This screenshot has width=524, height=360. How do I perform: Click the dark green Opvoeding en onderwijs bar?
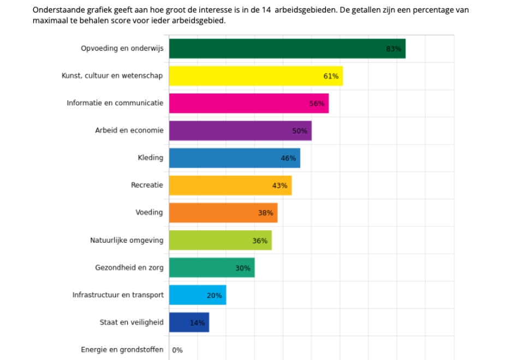(287, 49)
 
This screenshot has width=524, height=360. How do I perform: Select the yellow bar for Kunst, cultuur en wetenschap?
(255, 76)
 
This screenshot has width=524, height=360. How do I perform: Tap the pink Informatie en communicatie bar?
(248, 103)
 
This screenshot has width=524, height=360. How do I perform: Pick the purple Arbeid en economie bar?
(240, 131)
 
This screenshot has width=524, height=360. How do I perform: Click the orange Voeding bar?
(223, 213)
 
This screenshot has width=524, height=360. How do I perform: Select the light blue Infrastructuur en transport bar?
(197, 295)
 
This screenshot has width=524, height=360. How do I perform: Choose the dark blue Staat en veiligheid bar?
(189, 322)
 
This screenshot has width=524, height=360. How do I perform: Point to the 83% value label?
(394, 49)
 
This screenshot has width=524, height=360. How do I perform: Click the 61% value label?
(331, 76)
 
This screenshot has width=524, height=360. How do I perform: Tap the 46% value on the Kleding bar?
(288, 158)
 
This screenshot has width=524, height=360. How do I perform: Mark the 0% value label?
(177, 350)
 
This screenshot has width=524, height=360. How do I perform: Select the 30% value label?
(243, 268)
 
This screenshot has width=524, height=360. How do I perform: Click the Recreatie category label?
(147, 185)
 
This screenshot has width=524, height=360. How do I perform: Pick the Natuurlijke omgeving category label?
(127, 240)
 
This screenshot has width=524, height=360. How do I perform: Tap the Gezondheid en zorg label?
(129, 267)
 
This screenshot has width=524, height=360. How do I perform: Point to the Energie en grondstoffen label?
(122, 350)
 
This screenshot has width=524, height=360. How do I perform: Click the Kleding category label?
(151, 158)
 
